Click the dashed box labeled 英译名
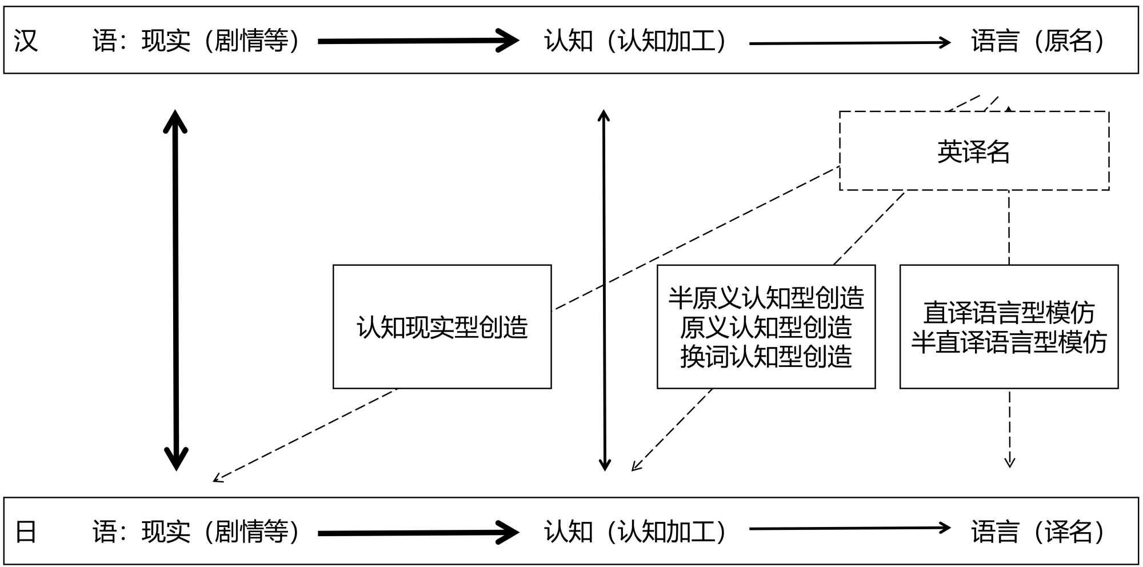point(974,151)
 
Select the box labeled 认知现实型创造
point(442,327)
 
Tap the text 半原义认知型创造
point(766,298)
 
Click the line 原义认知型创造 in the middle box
point(766,328)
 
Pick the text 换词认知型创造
point(766,357)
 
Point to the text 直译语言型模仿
point(1009,313)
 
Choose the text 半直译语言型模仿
point(1009,342)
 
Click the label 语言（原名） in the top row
point(1039,41)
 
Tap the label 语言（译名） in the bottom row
point(1039,532)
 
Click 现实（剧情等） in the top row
point(221,41)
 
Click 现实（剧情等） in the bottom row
point(221,532)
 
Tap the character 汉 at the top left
point(26,41)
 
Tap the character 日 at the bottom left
point(26,532)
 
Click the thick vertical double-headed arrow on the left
point(176,290)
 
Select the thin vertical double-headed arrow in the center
point(604,290)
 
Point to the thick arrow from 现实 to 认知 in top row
point(417,41)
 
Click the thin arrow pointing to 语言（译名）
point(849,529)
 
